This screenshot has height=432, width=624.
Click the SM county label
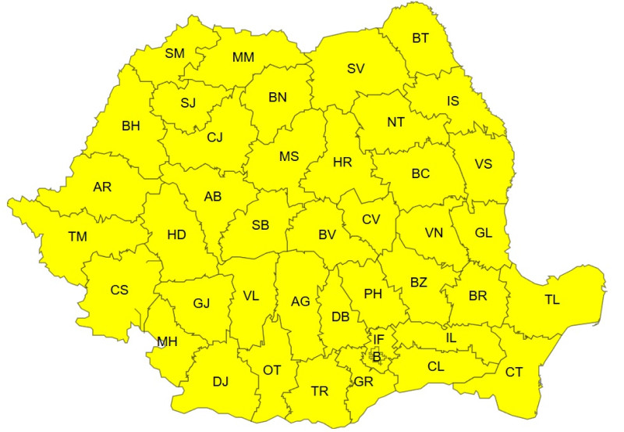coord(175,53)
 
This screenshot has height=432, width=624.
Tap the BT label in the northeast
coord(420,37)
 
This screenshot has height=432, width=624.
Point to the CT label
coord(514,372)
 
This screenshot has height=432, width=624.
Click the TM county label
coord(78,235)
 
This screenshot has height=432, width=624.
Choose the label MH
coord(167,341)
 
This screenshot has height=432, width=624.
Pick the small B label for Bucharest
coord(377,356)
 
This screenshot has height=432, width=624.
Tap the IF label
coord(378,339)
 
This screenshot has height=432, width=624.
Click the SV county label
coord(356,68)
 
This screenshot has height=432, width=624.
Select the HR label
coord(342,162)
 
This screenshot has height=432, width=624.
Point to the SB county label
coord(261,225)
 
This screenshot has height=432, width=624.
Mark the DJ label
coord(221,381)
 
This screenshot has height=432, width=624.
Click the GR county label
coord(363,382)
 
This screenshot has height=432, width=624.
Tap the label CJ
coord(214,137)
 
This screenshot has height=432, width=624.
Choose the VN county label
coord(434,233)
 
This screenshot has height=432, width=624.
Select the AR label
coord(102,187)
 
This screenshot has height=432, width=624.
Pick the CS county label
coord(119,290)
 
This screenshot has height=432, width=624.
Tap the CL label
coord(437,365)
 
